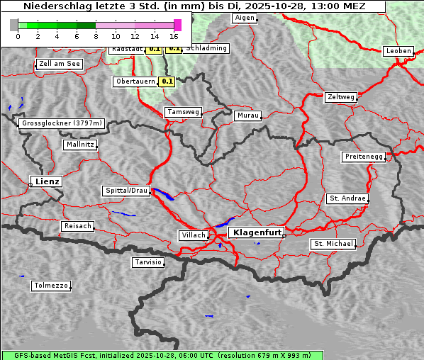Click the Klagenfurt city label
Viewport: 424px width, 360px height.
click(x=257, y=232)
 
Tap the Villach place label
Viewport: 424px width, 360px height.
click(x=194, y=235)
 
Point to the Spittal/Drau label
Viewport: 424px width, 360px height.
click(x=126, y=191)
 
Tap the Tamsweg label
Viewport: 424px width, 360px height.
click(x=184, y=112)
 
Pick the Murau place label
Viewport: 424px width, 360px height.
click(x=248, y=116)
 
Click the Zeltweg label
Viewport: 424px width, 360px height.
click(x=341, y=97)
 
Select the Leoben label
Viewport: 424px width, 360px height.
click(x=398, y=51)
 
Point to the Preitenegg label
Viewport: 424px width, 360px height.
click(x=364, y=157)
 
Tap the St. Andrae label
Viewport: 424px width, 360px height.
click(x=347, y=198)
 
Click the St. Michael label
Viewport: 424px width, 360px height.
click(x=333, y=244)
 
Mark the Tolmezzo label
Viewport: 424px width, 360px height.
click(x=51, y=286)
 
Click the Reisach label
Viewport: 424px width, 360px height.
click(x=78, y=226)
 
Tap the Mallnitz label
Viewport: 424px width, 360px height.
click(x=80, y=145)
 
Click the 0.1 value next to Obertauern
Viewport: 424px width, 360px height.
click(x=167, y=81)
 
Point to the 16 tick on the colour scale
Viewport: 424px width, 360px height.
click(x=174, y=36)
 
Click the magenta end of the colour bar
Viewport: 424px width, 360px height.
click(x=177, y=25)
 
